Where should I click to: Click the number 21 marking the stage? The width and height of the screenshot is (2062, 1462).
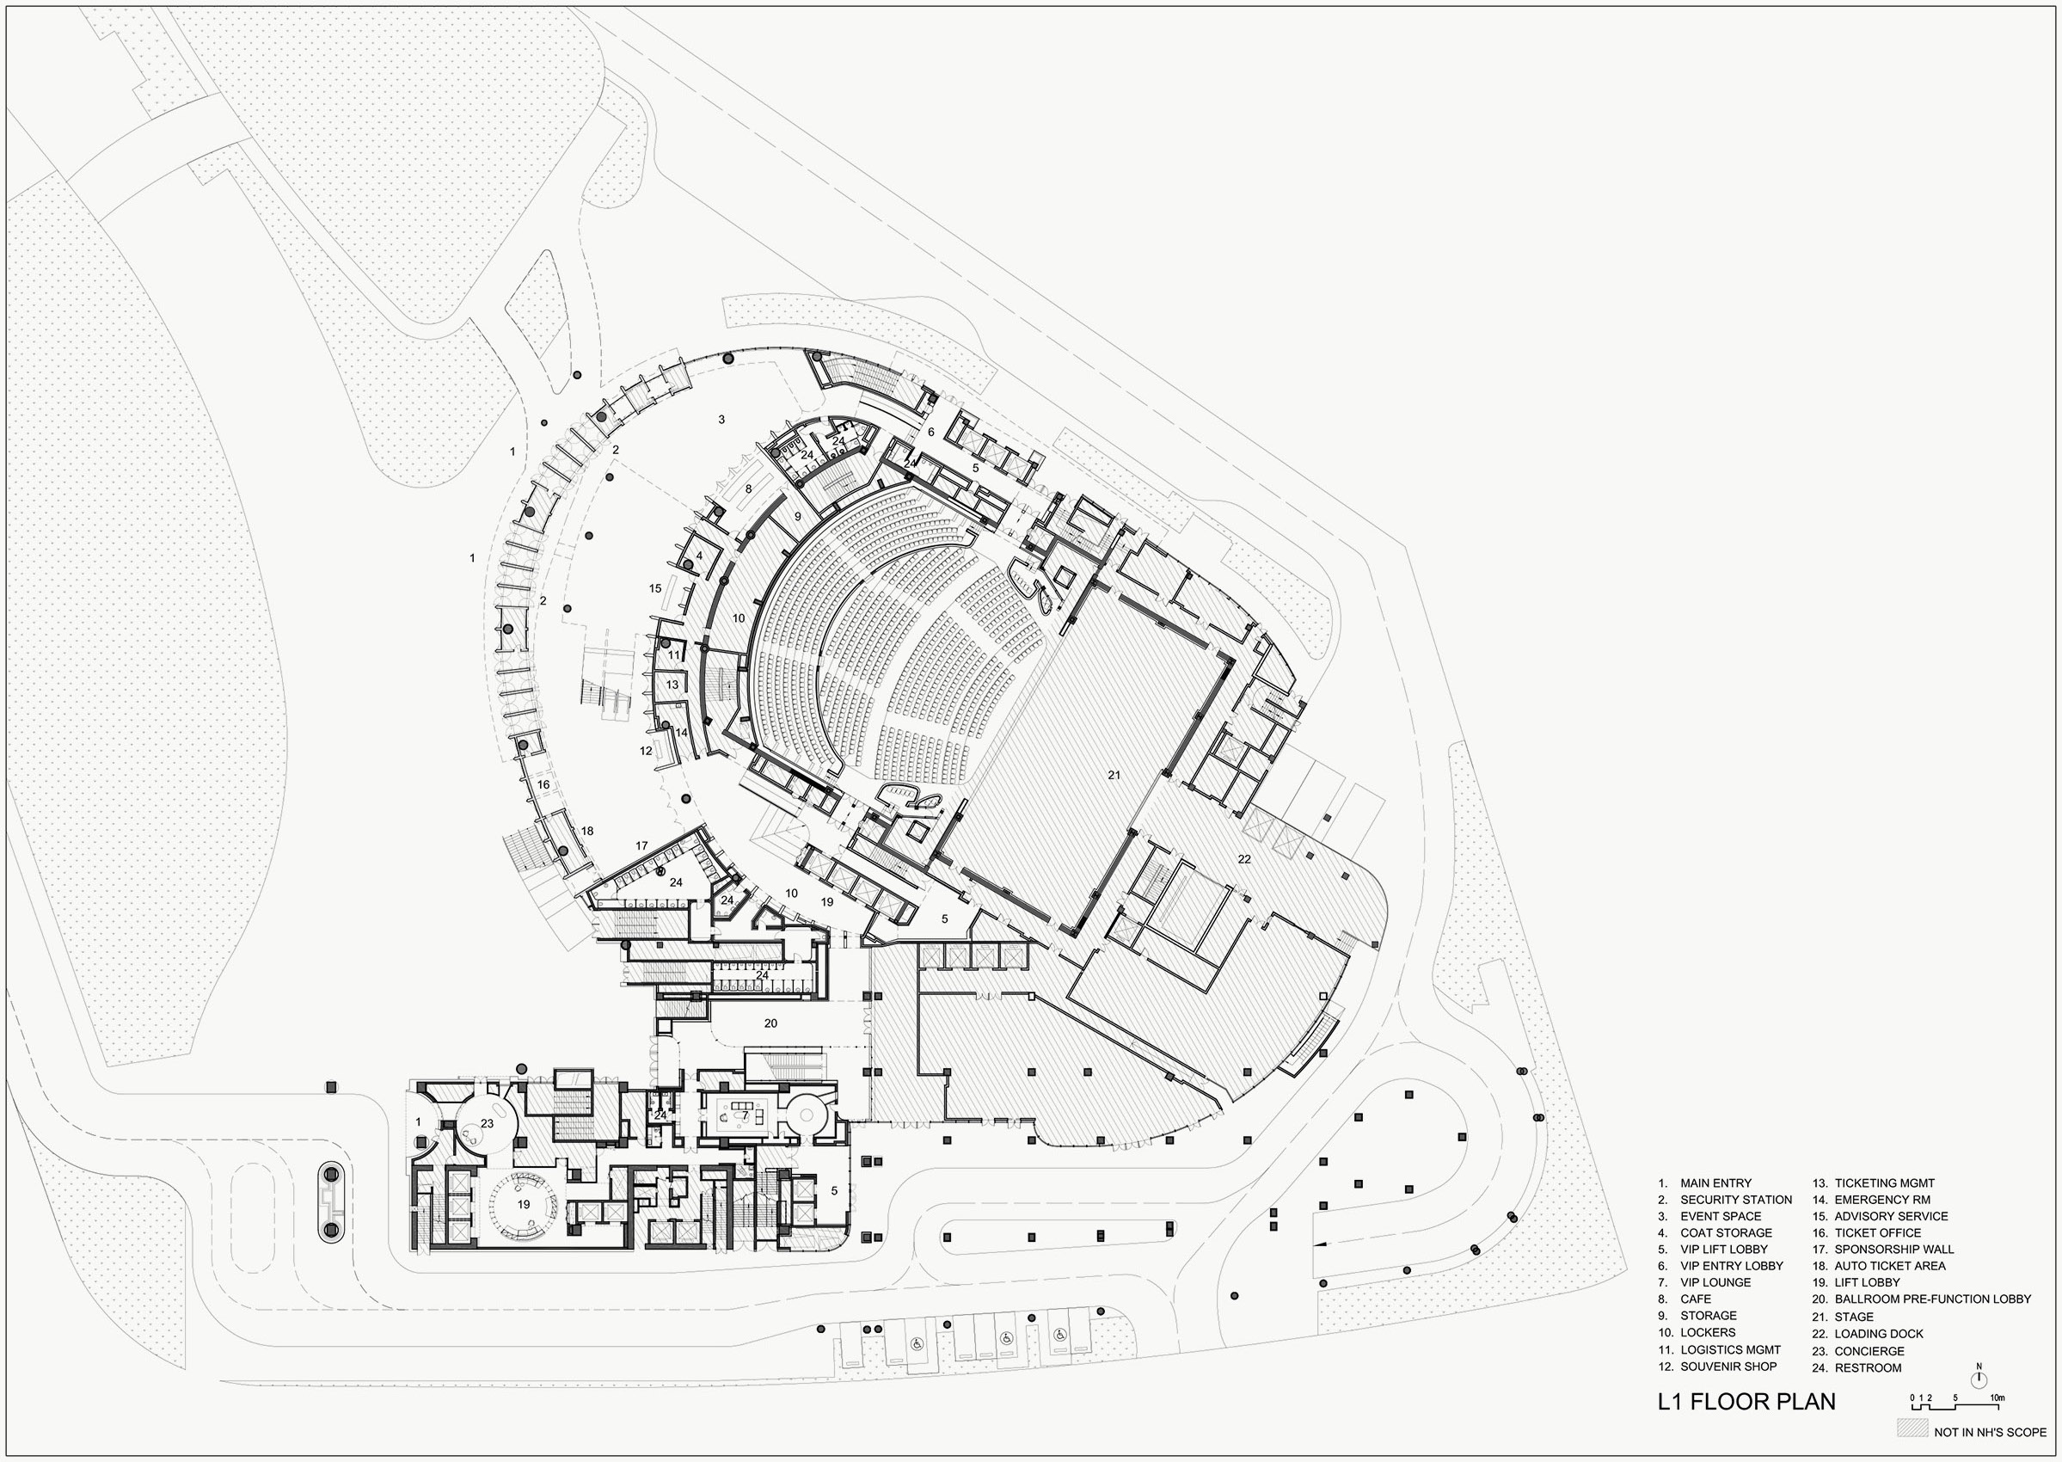(x=1114, y=775)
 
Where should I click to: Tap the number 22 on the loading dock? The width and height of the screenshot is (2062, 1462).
(x=1244, y=860)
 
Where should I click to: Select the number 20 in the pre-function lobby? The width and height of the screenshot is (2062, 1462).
(x=770, y=1023)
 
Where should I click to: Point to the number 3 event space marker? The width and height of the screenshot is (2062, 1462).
(x=721, y=420)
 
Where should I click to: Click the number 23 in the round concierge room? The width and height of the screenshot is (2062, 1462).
(x=487, y=1123)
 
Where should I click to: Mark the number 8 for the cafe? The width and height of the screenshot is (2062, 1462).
(x=748, y=488)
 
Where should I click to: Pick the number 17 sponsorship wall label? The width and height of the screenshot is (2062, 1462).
(x=641, y=846)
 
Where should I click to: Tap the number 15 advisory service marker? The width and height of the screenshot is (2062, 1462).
(x=655, y=589)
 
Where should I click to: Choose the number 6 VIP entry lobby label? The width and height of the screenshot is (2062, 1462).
(x=930, y=432)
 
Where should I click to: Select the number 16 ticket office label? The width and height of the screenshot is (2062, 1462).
(x=543, y=785)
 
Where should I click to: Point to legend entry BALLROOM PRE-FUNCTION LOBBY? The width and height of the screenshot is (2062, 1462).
(x=1932, y=1299)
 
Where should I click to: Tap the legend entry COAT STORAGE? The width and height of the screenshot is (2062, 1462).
(x=1726, y=1233)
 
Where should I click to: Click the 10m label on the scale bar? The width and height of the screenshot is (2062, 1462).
(x=1997, y=1397)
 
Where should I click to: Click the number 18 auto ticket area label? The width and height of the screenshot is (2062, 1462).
(x=586, y=831)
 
